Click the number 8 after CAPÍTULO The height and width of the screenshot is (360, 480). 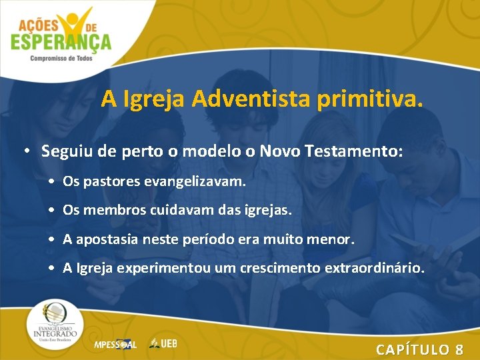coord(459,349)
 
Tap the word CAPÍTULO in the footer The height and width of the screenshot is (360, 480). coord(413,349)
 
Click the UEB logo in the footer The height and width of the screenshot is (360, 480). coord(163,343)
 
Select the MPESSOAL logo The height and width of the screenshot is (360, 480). coord(115,344)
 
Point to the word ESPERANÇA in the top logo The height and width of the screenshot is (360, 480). coord(61,43)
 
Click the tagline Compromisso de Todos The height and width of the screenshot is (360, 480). coord(61,59)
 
